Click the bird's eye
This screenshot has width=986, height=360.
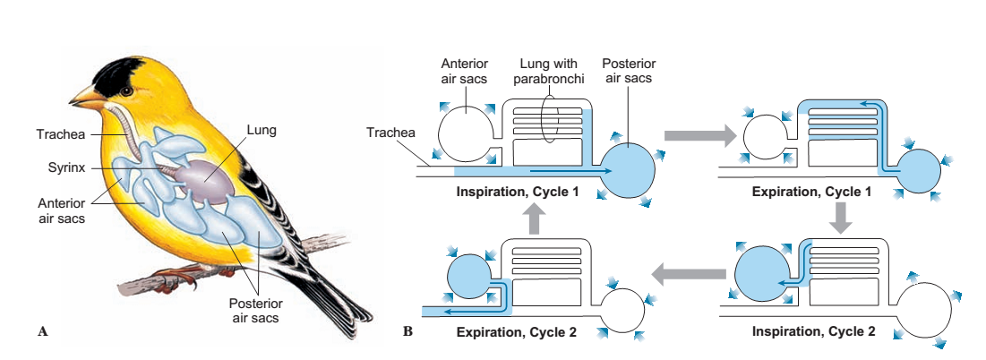pyautogui.click(x=127, y=89)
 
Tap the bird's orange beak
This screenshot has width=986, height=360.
pyautogui.click(x=83, y=96)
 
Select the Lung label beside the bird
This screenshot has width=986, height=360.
pyautogui.click(x=262, y=131)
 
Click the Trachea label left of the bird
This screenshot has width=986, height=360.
pyautogui.click(x=61, y=135)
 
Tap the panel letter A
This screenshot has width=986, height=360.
pyautogui.click(x=42, y=331)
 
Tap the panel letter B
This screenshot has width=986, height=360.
pyautogui.click(x=408, y=331)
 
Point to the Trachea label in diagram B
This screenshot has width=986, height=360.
pyautogui.click(x=391, y=133)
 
